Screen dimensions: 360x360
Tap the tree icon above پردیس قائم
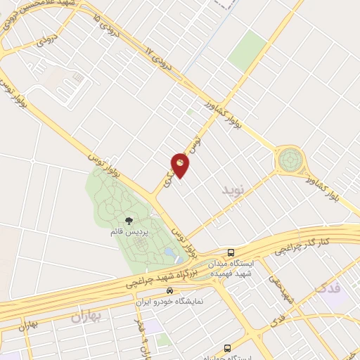click(x=127, y=221)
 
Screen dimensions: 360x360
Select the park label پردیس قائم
click(x=127, y=231)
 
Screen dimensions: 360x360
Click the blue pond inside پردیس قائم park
click(x=169, y=252)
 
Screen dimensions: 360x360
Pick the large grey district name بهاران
click(x=86, y=316)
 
